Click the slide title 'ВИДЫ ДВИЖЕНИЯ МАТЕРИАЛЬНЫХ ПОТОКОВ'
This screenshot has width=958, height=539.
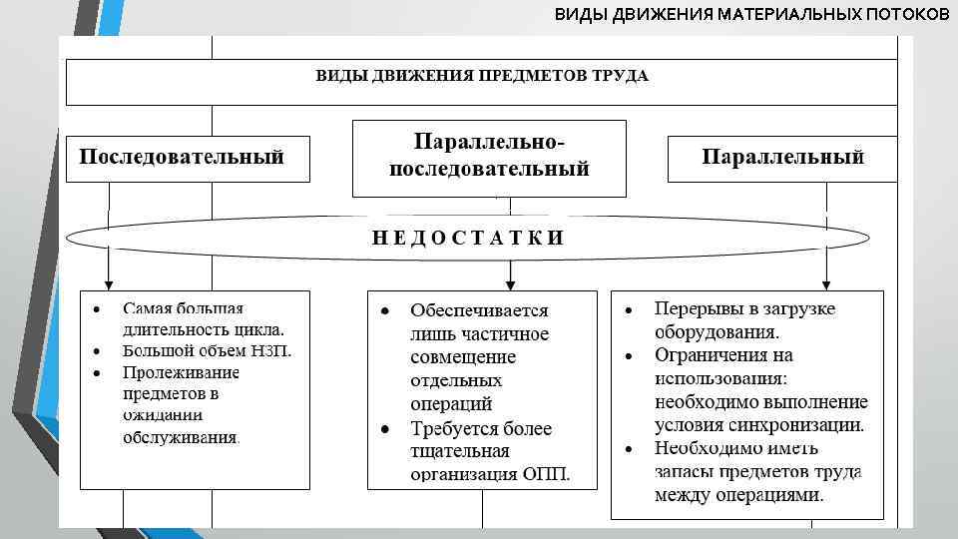pos(752,15)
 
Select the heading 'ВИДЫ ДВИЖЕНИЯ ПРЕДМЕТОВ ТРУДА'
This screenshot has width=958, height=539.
pos(482,76)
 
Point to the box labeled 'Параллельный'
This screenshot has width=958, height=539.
pos(782,158)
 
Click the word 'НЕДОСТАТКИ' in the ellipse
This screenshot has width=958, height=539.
pos(468,238)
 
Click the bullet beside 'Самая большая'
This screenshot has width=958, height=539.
pos(95,308)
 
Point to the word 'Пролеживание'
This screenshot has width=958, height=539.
pos(181,373)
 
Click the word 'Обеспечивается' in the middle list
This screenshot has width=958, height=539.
pos(479,311)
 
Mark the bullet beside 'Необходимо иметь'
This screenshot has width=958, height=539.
pos(629,448)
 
